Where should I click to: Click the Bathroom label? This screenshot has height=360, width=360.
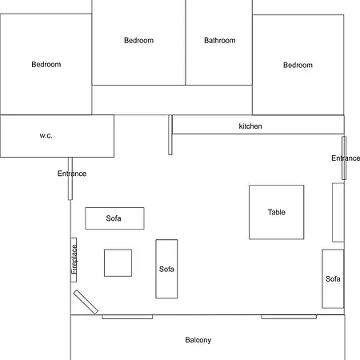point(220,41)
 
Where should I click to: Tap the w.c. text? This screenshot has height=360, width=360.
point(46,135)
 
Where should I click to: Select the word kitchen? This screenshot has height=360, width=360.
point(250,126)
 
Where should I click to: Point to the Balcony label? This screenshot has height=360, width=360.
point(198,340)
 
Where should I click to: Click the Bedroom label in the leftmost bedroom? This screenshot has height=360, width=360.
point(46,64)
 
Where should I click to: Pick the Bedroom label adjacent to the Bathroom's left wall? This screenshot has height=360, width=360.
point(138,40)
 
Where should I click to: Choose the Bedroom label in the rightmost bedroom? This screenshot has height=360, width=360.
point(298,65)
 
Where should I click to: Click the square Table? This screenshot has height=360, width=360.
point(276,212)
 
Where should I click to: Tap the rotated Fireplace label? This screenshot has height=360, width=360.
point(74,259)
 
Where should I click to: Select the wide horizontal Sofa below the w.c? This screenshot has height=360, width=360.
point(114,218)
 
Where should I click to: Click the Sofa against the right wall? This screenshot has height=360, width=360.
point(333,279)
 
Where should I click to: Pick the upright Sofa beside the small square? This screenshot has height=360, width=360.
point(166,269)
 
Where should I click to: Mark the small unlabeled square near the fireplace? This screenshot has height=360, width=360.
point(118,263)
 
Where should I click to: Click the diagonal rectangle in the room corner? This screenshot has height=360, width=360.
point(86,302)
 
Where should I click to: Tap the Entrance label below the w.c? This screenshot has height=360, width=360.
point(72,174)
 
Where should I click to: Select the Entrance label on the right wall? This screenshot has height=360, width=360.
point(346,158)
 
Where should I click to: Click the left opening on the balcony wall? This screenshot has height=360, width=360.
point(127,317)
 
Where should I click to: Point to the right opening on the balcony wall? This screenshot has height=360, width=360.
point(289,317)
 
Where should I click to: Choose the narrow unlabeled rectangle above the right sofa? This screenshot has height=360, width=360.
point(338,213)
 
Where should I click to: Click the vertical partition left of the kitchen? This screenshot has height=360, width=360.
point(170,135)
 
